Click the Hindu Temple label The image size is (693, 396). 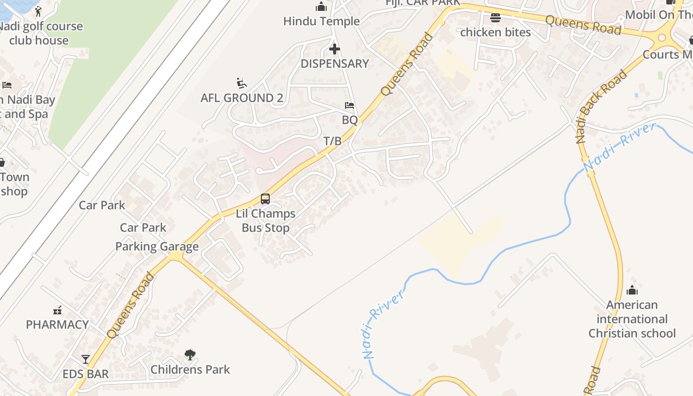coord(321,21)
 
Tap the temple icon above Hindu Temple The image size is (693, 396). coord(321,7)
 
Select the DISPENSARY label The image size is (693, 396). coord(335,63)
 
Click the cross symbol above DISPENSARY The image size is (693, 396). coord(335,49)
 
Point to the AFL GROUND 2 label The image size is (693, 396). coord(242,98)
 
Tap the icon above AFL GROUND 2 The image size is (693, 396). coord(242,83)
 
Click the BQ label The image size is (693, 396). coord(349,120)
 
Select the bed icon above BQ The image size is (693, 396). coord(349,105)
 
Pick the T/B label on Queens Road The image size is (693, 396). coord(333,141)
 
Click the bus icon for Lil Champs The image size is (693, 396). coord(265,199)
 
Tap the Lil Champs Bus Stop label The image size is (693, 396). coord(265,221)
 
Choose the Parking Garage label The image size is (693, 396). coord(157,247)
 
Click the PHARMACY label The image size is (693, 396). coord(57,325)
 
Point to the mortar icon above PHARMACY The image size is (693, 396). coord(57,310)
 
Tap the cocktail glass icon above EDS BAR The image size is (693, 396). coord(86,359)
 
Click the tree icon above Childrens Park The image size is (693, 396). coord(190,354)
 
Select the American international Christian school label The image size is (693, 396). coord(632,319)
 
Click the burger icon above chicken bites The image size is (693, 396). coord(495,18)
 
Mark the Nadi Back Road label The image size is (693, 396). coord(601,107)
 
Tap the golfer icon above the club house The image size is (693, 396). coord(39,11)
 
